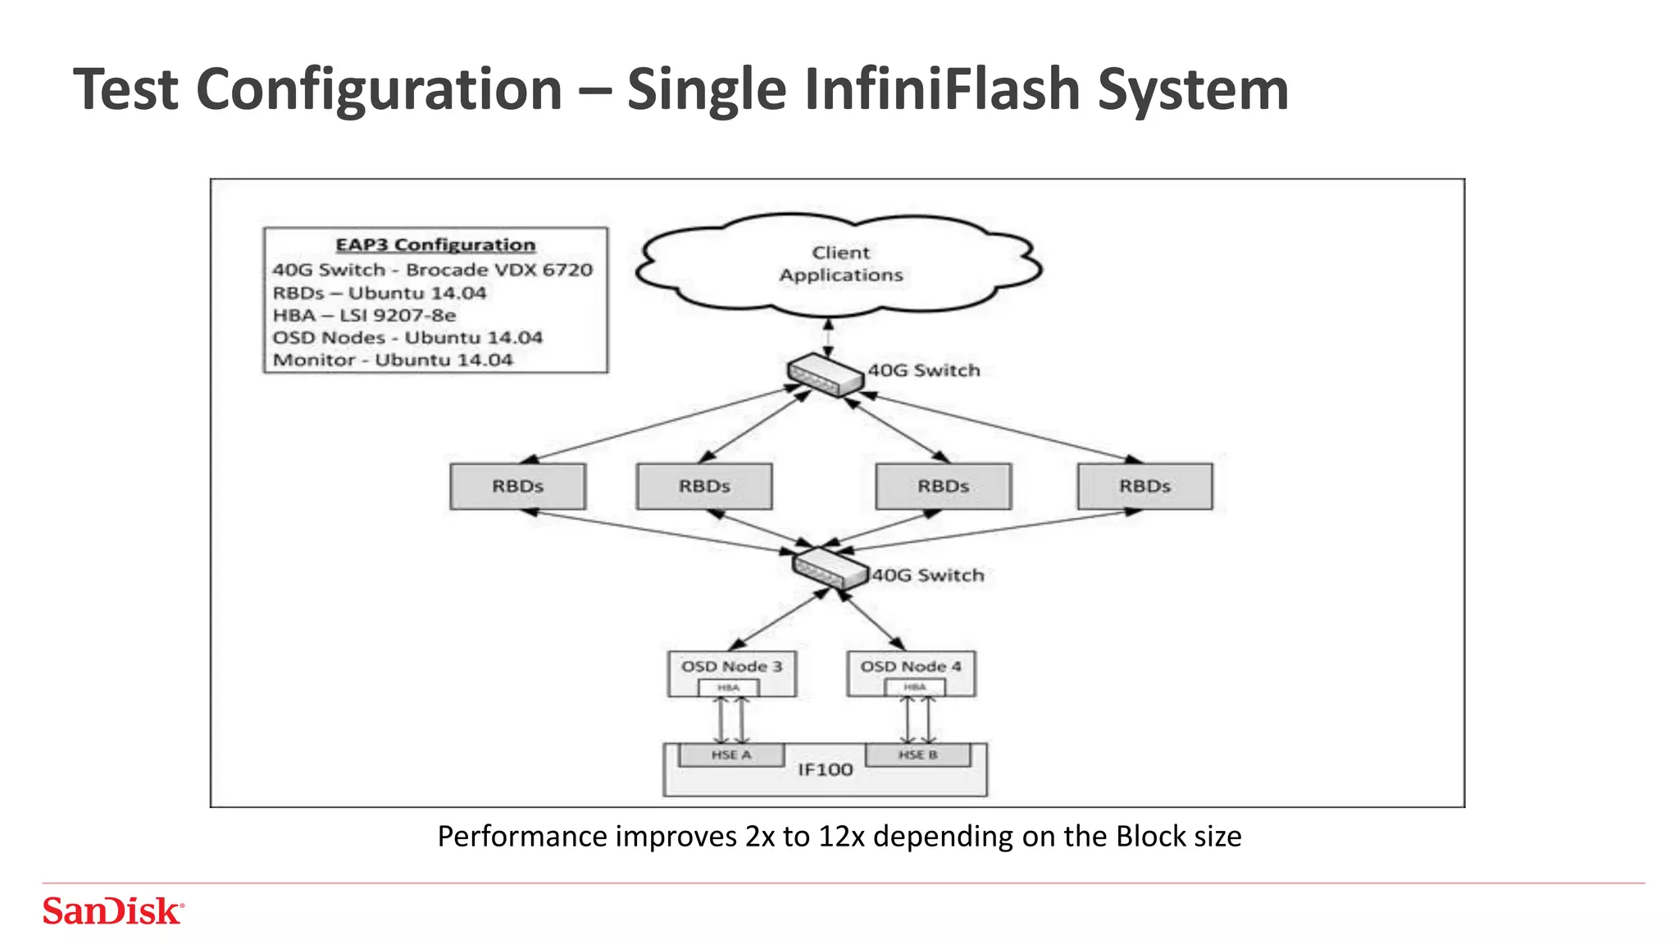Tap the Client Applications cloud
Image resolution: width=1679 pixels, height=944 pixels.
[x=840, y=264]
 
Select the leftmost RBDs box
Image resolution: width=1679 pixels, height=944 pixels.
[x=517, y=486]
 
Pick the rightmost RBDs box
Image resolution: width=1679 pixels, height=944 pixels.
[x=1144, y=486]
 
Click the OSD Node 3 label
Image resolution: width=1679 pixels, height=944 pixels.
[x=731, y=666]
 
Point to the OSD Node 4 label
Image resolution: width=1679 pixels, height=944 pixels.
[x=910, y=666]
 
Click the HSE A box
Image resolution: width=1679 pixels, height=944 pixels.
[x=730, y=755]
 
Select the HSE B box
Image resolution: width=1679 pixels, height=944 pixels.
[x=917, y=755]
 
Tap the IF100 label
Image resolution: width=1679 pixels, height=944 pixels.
[x=825, y=769]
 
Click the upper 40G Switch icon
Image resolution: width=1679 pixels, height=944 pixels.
[x=825, y=375]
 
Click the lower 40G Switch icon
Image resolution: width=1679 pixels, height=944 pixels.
[x=830, y=568]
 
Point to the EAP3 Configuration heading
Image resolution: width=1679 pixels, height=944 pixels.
[x=435, y=244]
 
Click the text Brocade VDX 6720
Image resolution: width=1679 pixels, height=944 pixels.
[x=498, y=270]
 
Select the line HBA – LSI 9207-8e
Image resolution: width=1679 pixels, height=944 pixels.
[x=364, y=315]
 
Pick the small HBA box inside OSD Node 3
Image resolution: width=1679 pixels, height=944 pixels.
[x=728, y=688]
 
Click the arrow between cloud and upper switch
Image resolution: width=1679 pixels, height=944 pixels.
[x=828, y=337]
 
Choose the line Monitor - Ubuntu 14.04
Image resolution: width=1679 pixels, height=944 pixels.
[x=392, y=360]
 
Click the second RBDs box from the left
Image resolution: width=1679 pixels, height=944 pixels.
[x=704, y=486]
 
